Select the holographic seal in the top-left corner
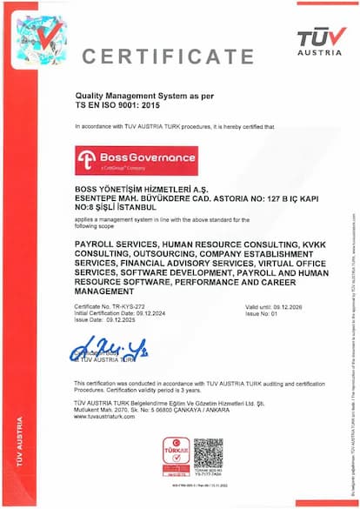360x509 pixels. [40, 39]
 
